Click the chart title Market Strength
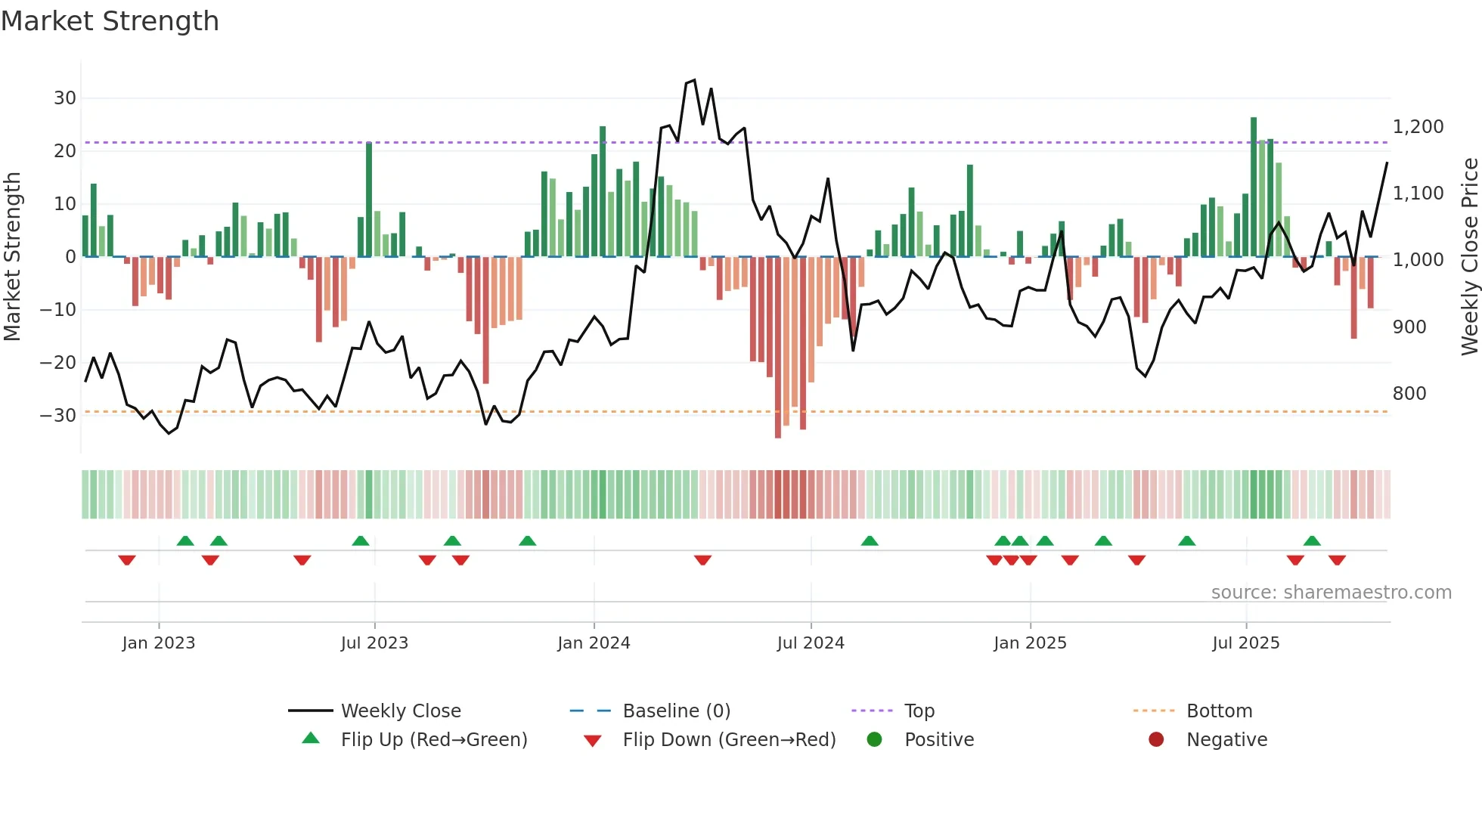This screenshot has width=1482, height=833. point(110,21)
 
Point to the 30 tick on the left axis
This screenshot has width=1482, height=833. point(65,98)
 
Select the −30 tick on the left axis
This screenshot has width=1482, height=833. point(58,416)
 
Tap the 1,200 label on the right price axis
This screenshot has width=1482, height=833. point(1418,127)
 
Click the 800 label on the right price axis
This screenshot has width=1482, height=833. point(1409,394)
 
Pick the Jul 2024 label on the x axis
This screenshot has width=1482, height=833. point(810,643)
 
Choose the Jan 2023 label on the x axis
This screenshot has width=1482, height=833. point(158,643)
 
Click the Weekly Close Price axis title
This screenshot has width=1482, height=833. point(1469,257)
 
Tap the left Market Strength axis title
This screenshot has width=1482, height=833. point(12,257)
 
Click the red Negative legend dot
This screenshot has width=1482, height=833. point(1155,739)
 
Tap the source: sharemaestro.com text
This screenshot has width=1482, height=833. point(1331,593)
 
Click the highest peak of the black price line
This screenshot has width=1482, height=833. point(694,80)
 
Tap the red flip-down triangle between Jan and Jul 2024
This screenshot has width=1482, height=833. point(702,560)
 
